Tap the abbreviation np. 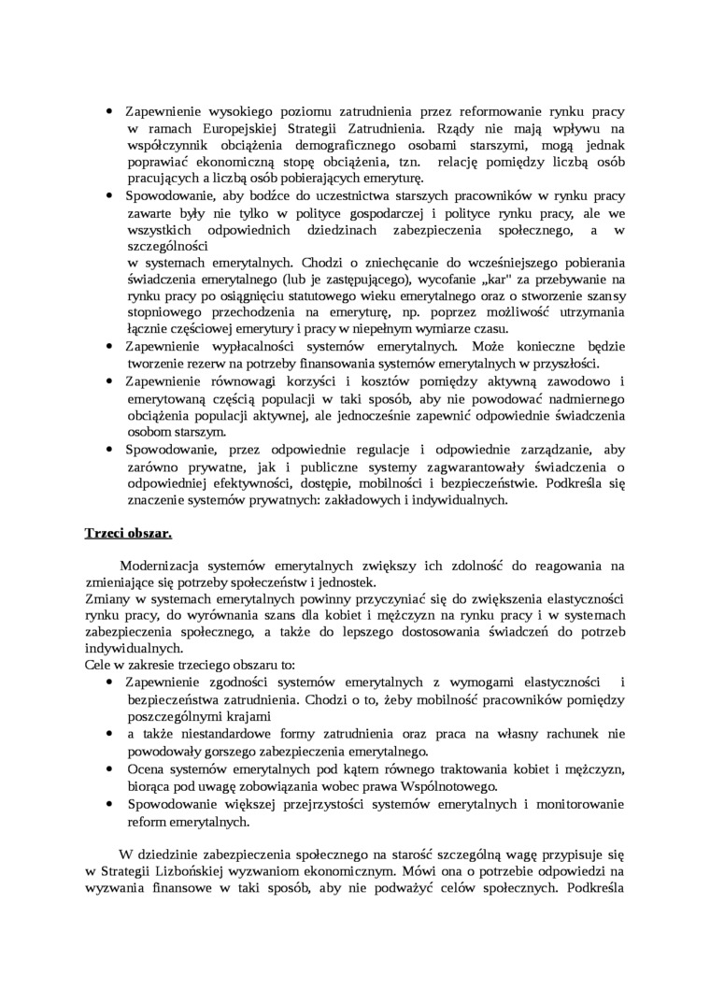(442, 312)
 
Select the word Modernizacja (163, 566)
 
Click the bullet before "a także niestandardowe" (109, 734)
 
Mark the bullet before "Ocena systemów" (109, 768)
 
